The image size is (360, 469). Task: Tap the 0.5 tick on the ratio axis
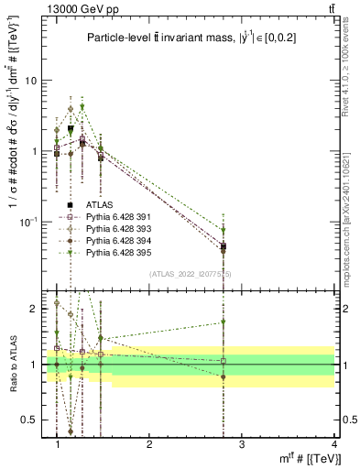tap(32, 420)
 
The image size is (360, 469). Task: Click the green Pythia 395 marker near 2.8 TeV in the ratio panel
tap(224, 322)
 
